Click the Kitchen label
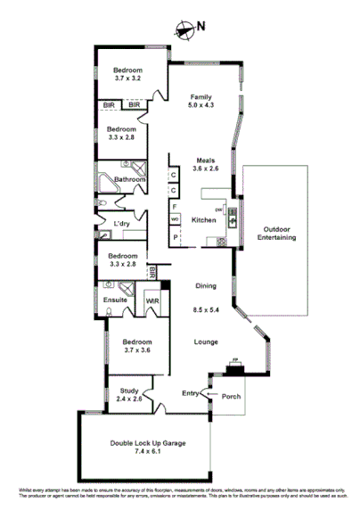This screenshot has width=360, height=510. pos(204,219)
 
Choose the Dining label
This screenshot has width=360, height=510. pos(207,286)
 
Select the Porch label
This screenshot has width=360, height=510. pos(233,398)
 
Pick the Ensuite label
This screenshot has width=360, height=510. pos(115,300)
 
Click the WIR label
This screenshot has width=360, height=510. pos(151,300)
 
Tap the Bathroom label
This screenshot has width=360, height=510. pos(129,179)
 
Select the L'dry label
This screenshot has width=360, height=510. pos(123,223)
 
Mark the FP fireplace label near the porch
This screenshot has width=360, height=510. pos(235,361)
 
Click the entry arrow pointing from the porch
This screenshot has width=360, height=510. pos(209,392)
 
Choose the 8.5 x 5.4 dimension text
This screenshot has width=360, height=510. pos(207,309)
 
